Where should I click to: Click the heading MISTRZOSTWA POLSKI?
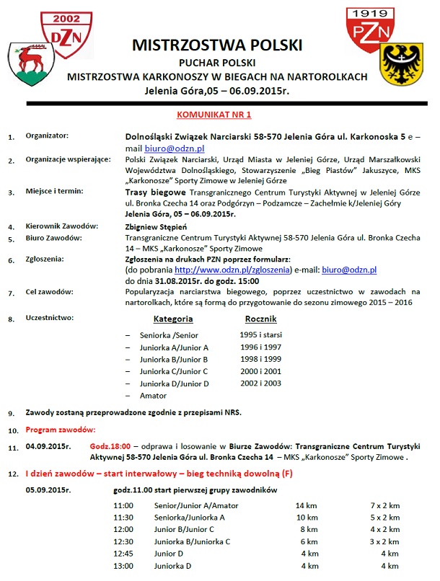click(217, 45)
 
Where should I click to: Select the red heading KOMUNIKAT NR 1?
click(214, 114)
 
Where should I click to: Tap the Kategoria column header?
click(173, 318)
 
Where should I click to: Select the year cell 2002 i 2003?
click(260, 384)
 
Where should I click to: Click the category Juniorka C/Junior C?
click(174, 371)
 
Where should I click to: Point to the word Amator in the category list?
click(154, 396)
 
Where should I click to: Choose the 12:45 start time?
click(123, 554)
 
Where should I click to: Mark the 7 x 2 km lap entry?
click(384, 505)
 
